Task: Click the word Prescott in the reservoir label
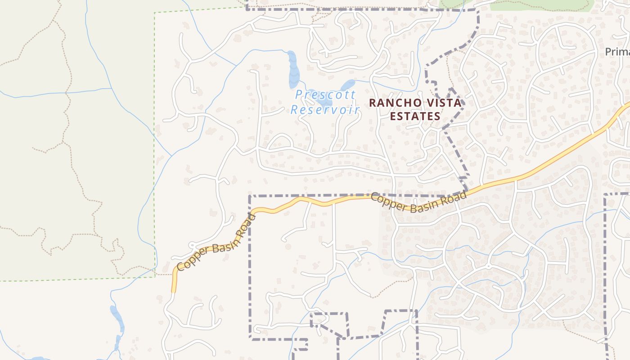325,95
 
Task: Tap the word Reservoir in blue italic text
325,110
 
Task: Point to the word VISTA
444,103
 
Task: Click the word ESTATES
415,117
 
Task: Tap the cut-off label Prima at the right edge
617,52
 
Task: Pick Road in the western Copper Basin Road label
246,225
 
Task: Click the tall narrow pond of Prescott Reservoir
293,70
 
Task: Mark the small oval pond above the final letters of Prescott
347,85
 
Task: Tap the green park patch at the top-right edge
540,4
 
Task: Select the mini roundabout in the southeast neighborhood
489,266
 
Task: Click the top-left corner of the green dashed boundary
155,13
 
